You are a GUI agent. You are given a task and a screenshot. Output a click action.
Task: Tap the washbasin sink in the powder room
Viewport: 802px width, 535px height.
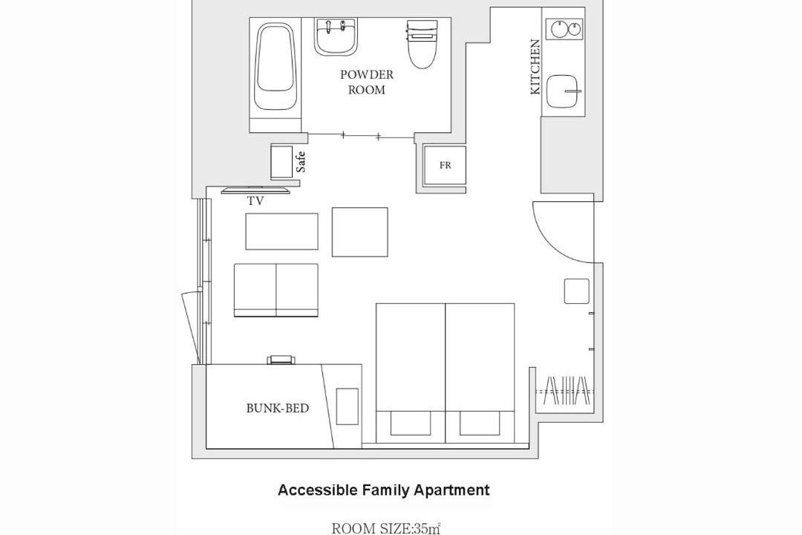coord(336,37)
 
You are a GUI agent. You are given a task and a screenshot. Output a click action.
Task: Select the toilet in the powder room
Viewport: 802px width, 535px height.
coord(423,45)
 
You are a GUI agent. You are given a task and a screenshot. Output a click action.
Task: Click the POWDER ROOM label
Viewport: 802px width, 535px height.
coord(367,82)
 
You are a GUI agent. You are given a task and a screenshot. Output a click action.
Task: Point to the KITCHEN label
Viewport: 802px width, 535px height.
coord(535,67)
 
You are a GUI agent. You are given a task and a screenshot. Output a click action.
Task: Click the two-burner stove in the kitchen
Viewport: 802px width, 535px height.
coord(564,29)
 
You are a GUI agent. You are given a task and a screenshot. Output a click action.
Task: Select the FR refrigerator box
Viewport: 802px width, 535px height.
coord(445,166)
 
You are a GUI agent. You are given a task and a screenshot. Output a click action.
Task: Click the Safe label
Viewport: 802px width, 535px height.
coord(301,162)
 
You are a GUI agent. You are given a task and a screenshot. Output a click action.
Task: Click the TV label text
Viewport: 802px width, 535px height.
coord(255,201)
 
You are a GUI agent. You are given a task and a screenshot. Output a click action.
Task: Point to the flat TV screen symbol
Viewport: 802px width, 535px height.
coord(255,191)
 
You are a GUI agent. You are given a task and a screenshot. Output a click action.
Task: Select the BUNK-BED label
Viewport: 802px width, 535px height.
coord(278,408)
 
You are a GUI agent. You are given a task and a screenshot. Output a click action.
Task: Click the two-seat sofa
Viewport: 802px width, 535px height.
coord(276,291)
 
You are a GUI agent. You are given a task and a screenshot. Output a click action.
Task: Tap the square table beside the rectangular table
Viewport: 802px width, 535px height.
coord(359,232)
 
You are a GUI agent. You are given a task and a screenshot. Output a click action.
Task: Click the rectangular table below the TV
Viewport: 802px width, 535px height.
coord(282,231)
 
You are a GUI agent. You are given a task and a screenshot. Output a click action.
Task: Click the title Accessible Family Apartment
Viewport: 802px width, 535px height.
coord(384,490)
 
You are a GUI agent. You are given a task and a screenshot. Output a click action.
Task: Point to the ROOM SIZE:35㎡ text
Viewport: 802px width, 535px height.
coord(386,528)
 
